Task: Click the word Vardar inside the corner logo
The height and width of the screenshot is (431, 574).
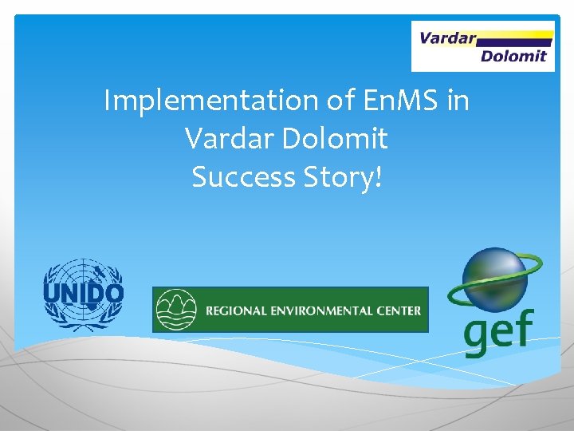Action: click(x=447, y=38)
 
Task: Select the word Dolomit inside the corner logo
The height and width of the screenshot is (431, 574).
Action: click(x=513, y=56)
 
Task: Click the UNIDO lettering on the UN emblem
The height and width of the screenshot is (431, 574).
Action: click(x=83, y=295)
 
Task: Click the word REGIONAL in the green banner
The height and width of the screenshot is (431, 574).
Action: click(x=236, y=310)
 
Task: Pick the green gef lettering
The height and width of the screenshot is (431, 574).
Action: click(x=499, y=329)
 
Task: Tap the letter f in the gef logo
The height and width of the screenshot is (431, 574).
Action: click(x=524, y=326)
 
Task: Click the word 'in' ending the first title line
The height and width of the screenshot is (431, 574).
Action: click(x=456, y=101)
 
